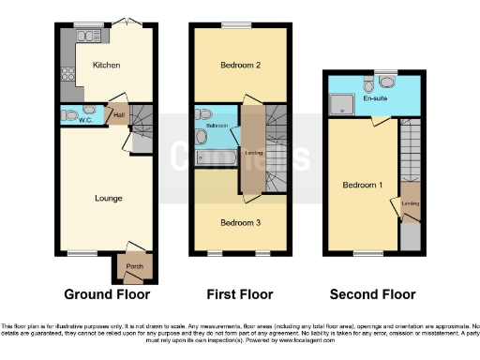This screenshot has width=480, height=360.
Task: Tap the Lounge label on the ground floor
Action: [110, 198]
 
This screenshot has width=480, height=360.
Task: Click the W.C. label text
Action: [83, 119]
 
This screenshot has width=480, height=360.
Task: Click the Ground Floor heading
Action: [106, 293]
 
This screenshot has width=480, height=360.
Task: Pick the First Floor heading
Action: [239, 293]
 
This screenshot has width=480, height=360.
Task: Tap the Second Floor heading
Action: [371, 293]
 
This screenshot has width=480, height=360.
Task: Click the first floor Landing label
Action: [252, 152]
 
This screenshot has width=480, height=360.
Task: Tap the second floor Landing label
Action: [409, 202]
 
